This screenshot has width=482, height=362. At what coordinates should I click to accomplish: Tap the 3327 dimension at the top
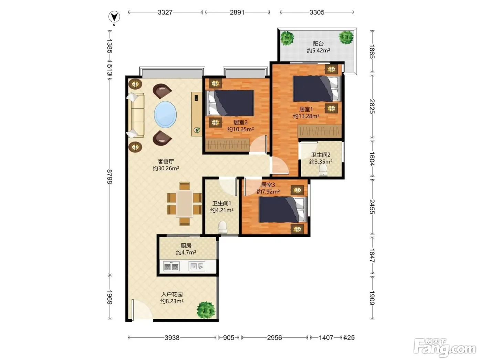[x=165, y=12]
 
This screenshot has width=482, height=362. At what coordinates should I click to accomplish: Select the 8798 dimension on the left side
[x=109, y=177]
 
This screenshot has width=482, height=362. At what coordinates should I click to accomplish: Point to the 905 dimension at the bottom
[x=229, y=338]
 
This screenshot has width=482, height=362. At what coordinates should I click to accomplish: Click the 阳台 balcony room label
[x=318, y=44]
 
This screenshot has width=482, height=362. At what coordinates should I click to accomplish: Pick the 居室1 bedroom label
[x=306, y=109]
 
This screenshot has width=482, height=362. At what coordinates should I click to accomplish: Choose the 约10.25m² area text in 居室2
[x=240, y=129]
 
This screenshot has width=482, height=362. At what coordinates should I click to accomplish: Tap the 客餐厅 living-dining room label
[x=166, y=162]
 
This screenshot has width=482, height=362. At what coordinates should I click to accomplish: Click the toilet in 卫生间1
[x=222, y=227]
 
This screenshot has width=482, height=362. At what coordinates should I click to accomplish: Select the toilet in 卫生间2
[x=323, y=170]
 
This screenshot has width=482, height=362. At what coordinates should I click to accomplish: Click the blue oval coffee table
[x=165, y=114]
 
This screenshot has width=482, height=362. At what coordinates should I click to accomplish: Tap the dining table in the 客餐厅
[x=185, y=204]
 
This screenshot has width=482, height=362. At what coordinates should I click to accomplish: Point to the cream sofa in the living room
[x=136, y=115]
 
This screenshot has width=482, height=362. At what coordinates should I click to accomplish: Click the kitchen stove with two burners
[x=171, y=266]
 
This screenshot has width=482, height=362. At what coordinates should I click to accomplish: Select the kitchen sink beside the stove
[x=197, y=266]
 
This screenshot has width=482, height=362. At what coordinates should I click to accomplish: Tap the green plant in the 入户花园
[x=206, y=310]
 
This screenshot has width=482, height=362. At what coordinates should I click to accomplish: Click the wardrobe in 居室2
[x=228, y=144]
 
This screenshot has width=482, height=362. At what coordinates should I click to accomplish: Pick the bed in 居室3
[x=282, y=210]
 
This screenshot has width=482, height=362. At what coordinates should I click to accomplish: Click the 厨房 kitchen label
[x=186, y=245]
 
